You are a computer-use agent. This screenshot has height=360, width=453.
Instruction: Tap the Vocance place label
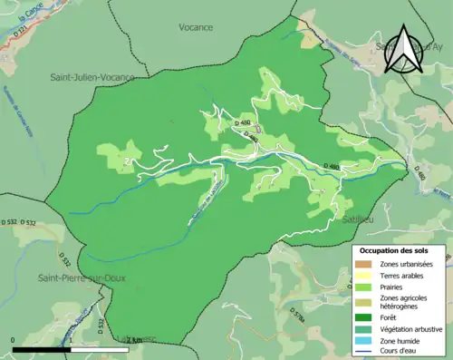(196, 27)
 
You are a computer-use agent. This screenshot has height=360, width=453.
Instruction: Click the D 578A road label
(294, 316)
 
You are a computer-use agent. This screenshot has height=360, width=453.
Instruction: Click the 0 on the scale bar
(13, 340)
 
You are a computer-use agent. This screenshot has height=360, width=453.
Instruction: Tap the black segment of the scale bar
(43, 349)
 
